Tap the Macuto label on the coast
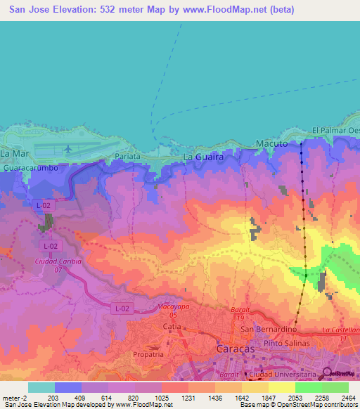271,143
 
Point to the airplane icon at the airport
67,149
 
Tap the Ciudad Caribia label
58,261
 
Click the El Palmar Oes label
335,131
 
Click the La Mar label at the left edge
14,152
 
